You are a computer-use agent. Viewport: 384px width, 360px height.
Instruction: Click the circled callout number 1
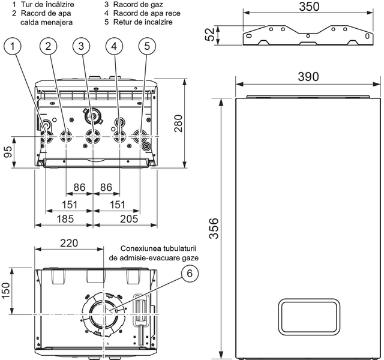point(16,45)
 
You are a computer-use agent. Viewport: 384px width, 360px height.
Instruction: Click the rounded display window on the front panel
point(308,319)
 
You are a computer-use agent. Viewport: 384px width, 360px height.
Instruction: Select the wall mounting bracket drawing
point(307,35)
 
